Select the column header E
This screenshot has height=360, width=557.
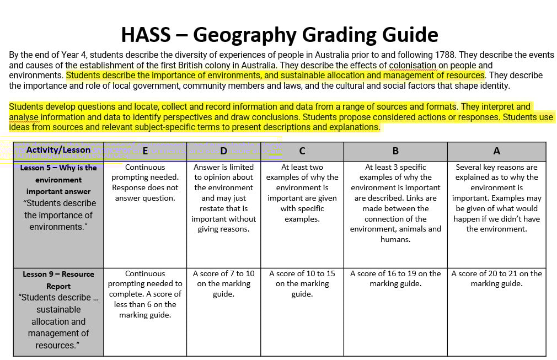(x=145, y=151)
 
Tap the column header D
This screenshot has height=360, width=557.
(x=223, y=151)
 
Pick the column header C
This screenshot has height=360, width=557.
(x=302, y=151)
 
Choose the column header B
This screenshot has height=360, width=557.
(x=395, y=151)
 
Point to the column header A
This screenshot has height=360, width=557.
(x=496, y=151)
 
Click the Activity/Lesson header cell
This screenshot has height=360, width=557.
(x=58, y=150)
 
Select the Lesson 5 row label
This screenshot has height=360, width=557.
(x=58, y=197)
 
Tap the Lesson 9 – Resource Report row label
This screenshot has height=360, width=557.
(x=58, y=309)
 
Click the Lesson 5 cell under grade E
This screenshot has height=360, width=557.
(x=145, y=182)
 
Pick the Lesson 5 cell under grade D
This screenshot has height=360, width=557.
(x=223, y=197)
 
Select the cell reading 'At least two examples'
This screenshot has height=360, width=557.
(x=302, y=192)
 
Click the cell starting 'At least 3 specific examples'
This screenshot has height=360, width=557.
(x=395, y=203)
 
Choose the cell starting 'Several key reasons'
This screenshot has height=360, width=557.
(x=496, y=197)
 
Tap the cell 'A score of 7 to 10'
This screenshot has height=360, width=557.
(x=223, y=283)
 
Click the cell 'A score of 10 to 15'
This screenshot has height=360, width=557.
(x=302, y=283)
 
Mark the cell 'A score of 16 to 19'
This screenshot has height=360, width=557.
(x=395, y=278)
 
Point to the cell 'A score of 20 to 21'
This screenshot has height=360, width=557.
(x=496, y=278)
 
